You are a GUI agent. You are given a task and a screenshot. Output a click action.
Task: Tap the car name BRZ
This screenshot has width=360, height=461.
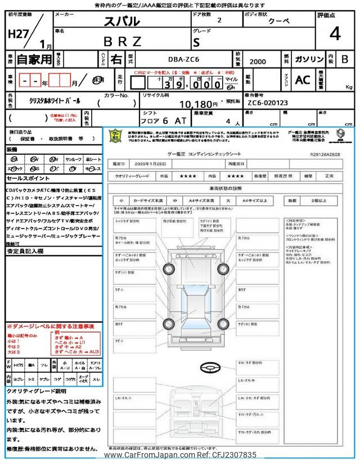coord(127,41)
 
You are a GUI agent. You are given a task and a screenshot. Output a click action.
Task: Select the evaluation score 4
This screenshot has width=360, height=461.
coord(335,34)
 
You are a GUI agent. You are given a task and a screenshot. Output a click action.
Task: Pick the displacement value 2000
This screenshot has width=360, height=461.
coord(259,60)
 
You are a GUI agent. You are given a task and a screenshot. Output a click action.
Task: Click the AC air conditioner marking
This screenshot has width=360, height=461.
coord(303,80)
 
